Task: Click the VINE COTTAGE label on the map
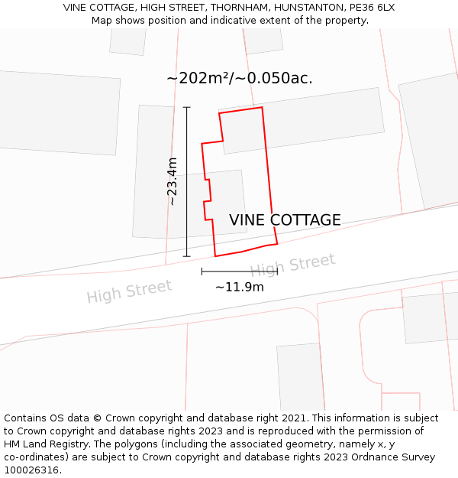[x=285, y=220]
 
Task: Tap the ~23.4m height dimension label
[x=173, y=181]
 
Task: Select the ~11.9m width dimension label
[x=239, y=288]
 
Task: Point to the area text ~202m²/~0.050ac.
[x=239, y=78]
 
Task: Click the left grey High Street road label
[x=129, y=291]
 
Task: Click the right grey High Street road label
[x=292, y=265]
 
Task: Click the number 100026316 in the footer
[x=30, y=470]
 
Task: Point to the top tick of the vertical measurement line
[x=187, y=108]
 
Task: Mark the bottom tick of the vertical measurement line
[x=187, y=256]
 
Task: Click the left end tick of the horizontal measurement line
[x=202, y=272]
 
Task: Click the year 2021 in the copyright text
[x=295, y=418]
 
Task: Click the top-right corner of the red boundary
[x=262, y=107]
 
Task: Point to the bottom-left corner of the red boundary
[x=215, y=256]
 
